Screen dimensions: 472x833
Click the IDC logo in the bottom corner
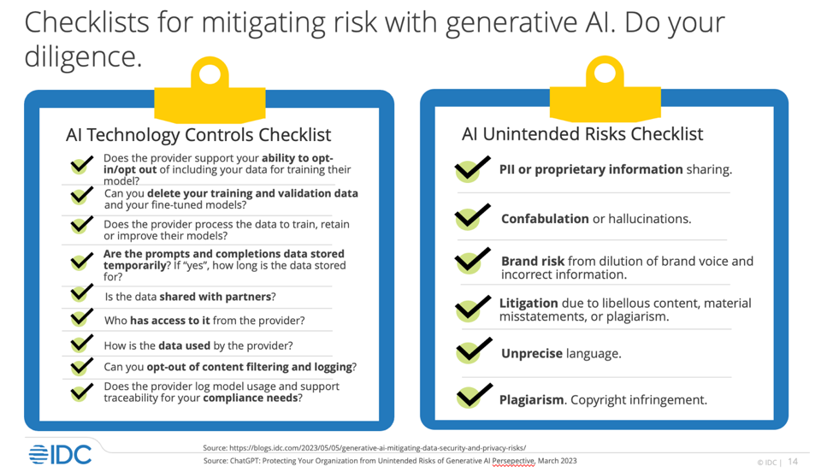[x=60, y=454]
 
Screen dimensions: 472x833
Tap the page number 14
[x=793, y=462]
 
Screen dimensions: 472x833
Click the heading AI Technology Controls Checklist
[x=198, y=135]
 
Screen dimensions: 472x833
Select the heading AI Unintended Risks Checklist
[x=582, y=134]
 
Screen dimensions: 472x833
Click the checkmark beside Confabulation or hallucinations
[x=471, y=217]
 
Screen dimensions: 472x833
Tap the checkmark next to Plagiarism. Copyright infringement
[x=471, y=397]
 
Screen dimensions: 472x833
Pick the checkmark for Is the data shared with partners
[x=82, y=294]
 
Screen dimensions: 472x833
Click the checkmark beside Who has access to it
[x=82, y=318]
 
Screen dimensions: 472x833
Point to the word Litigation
[x=529, y=303]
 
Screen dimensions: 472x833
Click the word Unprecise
[x=531, y=353]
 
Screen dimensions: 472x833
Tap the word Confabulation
[x=545, y=219]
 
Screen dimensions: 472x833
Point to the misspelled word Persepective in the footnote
[x=513, y=461]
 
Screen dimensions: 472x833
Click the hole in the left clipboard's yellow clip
[x=210, y=74]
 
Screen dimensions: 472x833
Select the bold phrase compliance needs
[x=250, y=398]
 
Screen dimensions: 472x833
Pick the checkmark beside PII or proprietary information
[x=471, y=168]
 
